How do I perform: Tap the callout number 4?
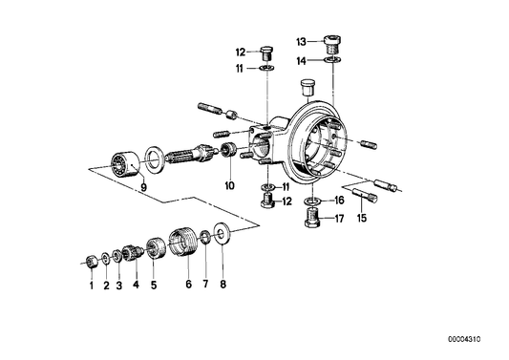(136, 285)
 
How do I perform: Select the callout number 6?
(187, 285)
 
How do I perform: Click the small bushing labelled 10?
(229, 153)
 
